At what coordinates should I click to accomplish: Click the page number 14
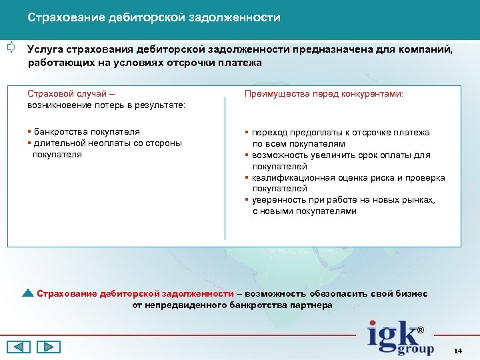point(457,351)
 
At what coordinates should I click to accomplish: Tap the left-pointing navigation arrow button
point(19,347)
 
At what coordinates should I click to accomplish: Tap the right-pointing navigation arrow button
point(48,347)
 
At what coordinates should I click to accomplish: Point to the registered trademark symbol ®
point(420,331)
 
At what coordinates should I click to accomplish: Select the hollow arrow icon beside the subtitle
point(11,47)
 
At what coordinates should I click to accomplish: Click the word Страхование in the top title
point(61,17)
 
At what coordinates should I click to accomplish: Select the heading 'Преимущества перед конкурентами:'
point(324,95)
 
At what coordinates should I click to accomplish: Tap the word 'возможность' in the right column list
point(285,155)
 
